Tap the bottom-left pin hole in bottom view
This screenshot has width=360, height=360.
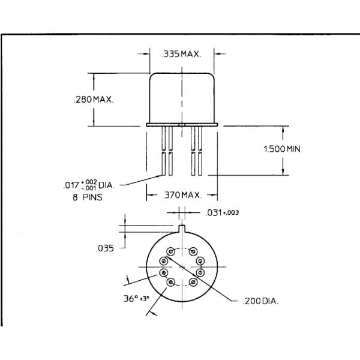171,283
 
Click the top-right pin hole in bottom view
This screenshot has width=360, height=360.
194,251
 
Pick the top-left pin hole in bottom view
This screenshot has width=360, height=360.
171,251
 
